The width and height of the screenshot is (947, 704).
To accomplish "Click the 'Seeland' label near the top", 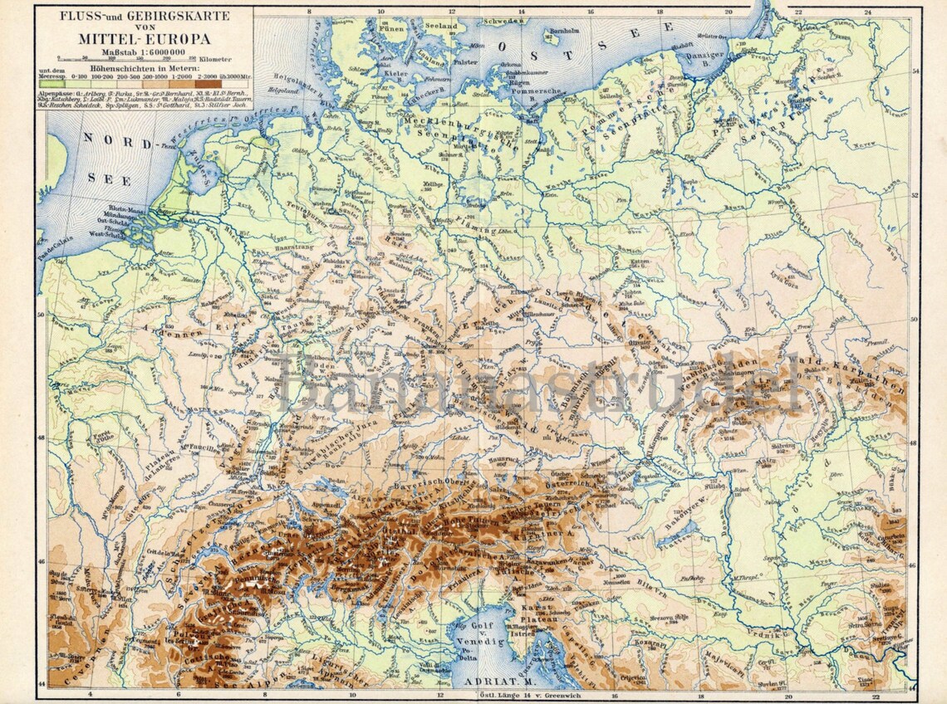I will (x=442, y=27).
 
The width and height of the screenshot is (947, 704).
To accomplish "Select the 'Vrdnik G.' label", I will (x=768, y=635).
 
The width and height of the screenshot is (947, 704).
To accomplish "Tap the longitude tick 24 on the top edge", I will (x=867, y=12).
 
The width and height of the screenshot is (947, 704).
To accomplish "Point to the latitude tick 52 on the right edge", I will (x=914, y=196).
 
